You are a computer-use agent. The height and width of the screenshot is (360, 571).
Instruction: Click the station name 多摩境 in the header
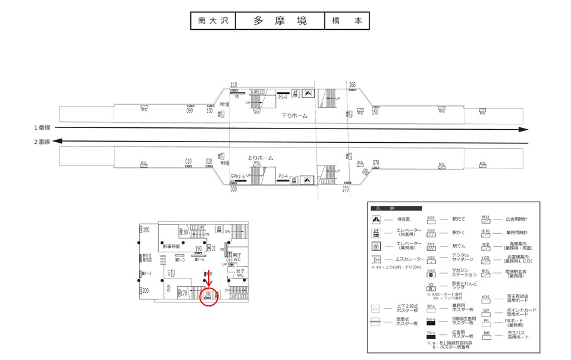(x=280, y=21)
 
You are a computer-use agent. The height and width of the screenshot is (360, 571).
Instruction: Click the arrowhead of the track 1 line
(x=523, y=129)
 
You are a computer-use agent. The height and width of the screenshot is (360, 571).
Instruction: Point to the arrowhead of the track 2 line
(x=57, y=141)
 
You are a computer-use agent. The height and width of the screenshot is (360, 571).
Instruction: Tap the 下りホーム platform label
(x=294, y=115)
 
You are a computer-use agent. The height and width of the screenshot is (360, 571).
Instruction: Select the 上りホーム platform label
(x=260, y=158)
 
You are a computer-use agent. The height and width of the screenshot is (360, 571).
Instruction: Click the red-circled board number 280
(x=208, y=293)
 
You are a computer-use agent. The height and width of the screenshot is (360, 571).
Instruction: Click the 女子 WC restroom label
(x=240, y=273)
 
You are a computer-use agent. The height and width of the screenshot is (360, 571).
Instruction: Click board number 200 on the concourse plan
(x=145, y=291)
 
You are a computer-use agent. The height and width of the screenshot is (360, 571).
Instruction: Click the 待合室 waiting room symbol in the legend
(x=376, y=220)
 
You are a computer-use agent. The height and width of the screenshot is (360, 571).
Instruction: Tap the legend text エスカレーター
(x=410, y=259)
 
